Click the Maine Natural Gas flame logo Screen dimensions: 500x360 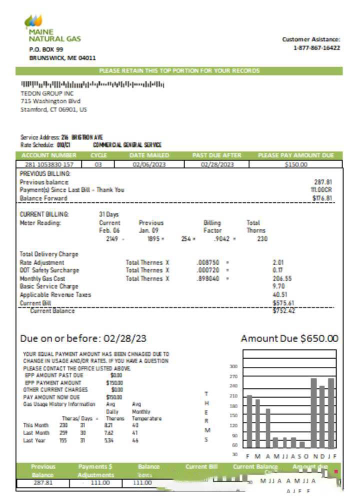33,21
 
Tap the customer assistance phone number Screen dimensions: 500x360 316,48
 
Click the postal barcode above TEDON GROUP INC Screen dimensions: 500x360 92,84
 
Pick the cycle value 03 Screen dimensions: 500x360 98,164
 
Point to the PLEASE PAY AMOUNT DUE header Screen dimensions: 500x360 295,155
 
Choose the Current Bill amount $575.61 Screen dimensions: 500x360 283,303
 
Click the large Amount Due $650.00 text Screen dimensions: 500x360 289,338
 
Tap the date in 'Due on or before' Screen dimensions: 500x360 124,338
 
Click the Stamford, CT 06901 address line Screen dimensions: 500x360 53,109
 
